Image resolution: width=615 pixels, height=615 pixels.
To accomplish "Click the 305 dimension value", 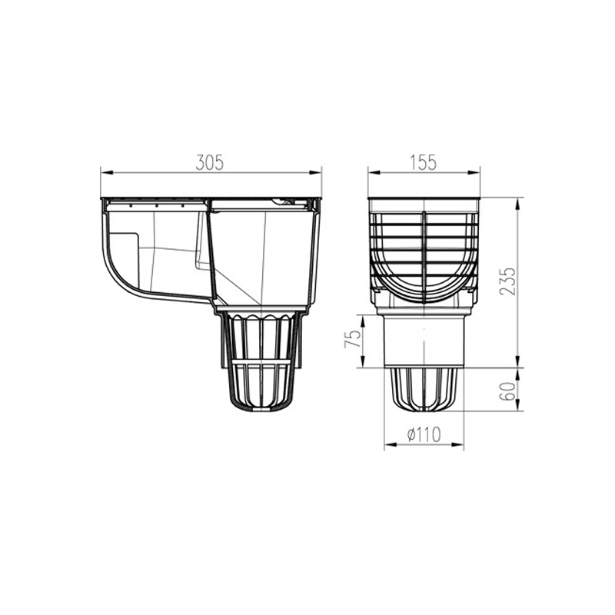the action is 210,163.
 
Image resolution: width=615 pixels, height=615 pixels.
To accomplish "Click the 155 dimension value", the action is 424,163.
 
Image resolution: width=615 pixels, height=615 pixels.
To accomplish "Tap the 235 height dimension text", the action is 508,281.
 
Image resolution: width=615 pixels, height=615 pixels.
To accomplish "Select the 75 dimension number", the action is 353,337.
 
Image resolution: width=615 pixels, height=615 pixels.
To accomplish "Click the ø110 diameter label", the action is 424,434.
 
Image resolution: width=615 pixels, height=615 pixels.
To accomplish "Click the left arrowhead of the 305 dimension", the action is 107,172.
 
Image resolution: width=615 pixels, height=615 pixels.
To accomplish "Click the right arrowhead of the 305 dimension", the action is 315,172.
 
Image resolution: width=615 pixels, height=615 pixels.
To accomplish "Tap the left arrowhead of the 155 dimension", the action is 374,172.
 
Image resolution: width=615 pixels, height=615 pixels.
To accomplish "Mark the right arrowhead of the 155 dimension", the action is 474,172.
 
